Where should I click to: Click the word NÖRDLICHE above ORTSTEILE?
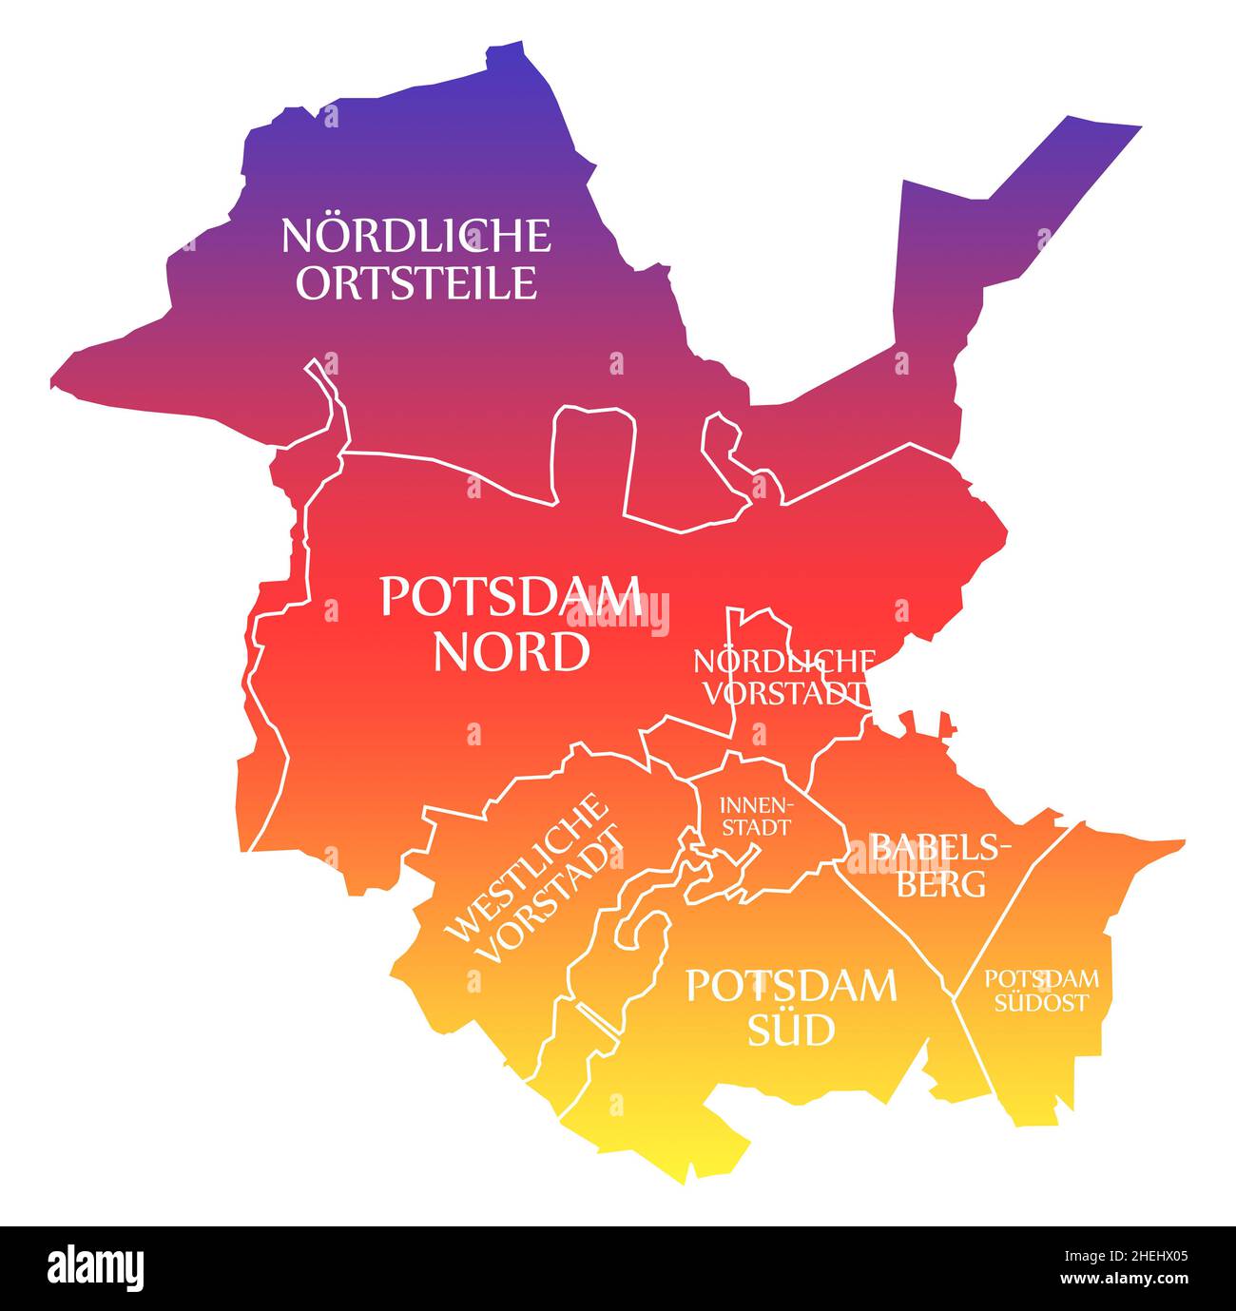pos(415,236)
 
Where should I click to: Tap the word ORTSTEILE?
pos(415,282)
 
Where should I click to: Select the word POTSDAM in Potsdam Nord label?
pos(510,597)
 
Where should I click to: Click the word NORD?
pos(510,652)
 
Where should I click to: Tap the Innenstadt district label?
pos(756,816)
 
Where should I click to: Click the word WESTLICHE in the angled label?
pos(528,867)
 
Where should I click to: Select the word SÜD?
pos(790,1030)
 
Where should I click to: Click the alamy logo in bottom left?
pos(95,1267)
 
